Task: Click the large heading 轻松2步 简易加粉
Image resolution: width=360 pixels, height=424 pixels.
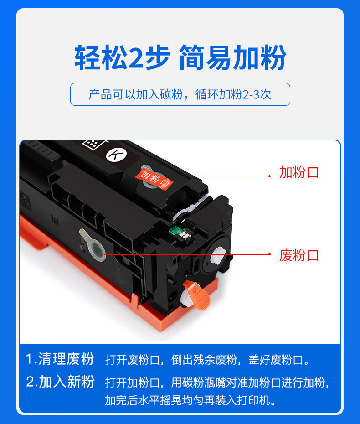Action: (x=180, y=57)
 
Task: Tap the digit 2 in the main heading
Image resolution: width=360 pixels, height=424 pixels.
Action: (x=136, y=57)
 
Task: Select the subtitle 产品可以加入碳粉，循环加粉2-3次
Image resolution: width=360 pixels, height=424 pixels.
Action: (x=180, y=94)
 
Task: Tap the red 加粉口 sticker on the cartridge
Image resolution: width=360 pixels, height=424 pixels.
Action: (x=154, y=178)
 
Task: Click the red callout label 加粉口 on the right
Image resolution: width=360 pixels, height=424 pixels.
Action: (x=299, y=172)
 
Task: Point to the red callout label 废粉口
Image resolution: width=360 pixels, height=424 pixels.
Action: (x=299, y=255)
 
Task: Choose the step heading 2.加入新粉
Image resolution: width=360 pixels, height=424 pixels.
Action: (x=60, y=382)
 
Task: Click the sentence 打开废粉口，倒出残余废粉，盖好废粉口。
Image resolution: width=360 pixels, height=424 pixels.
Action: (x=207, y=360)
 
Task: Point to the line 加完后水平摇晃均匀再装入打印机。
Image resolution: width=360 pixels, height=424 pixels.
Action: (x=190, y=400)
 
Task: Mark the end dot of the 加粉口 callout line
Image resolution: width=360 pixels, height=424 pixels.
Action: (x=269, y=176)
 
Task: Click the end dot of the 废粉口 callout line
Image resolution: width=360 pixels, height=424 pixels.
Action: (x=269, y=254)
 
